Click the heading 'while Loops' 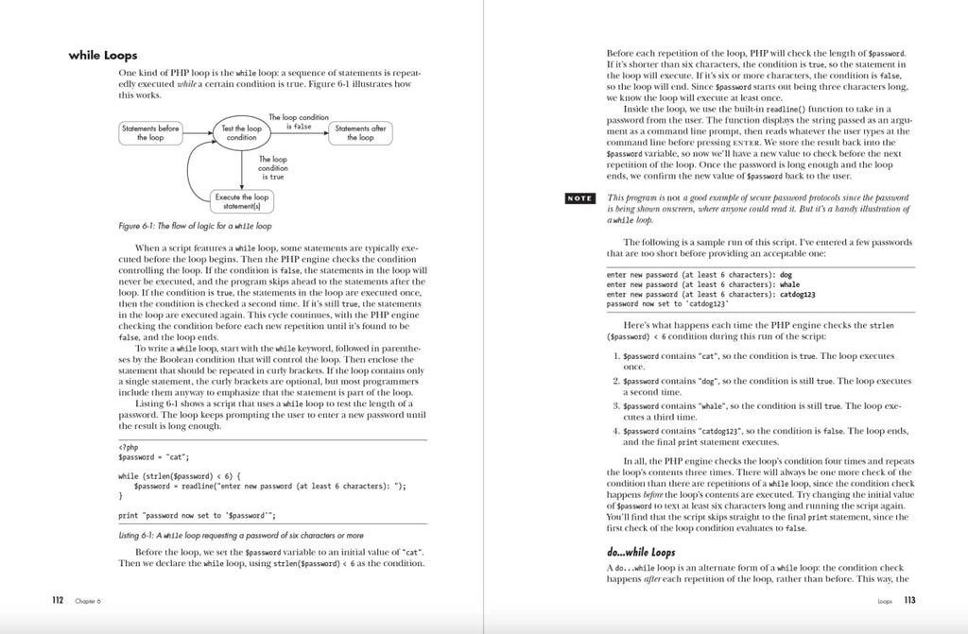(103, 56)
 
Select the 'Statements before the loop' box (150, 132)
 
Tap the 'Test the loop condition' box (241, 132)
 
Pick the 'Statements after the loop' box (359, 132)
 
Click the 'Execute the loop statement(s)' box (241, 201)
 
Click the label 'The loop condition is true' (272, 167)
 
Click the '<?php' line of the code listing (129, 447)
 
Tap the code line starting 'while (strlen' (181, 474)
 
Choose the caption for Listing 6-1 (241, 535)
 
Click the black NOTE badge (579, 198)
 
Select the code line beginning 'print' (197, 515)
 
